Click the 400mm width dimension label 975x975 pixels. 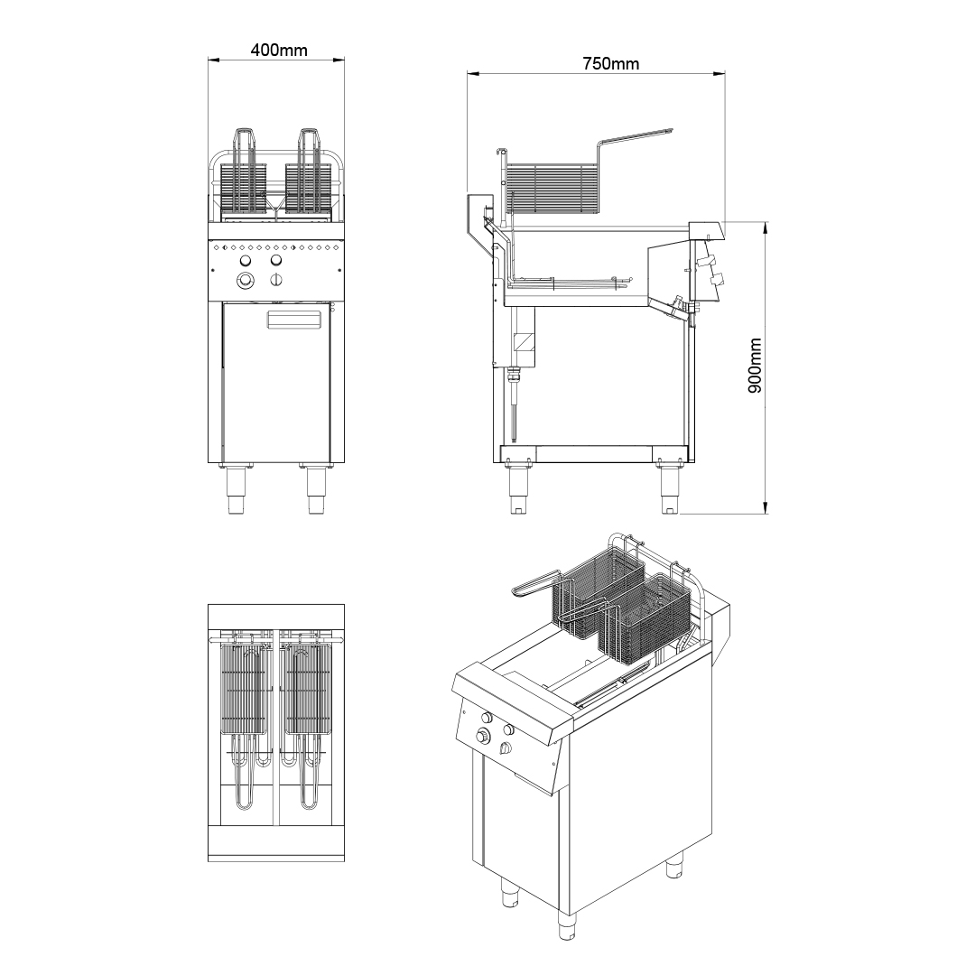coord(279,50)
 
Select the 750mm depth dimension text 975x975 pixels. coord(610,63)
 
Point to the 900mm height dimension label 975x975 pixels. coord(754,366)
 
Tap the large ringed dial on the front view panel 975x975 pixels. coord(246,281)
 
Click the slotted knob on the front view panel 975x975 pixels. coord(277,280)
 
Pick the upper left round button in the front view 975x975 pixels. coord(246,260)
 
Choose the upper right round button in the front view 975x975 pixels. coord(276,260)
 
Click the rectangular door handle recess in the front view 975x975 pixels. coord(294,319)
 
